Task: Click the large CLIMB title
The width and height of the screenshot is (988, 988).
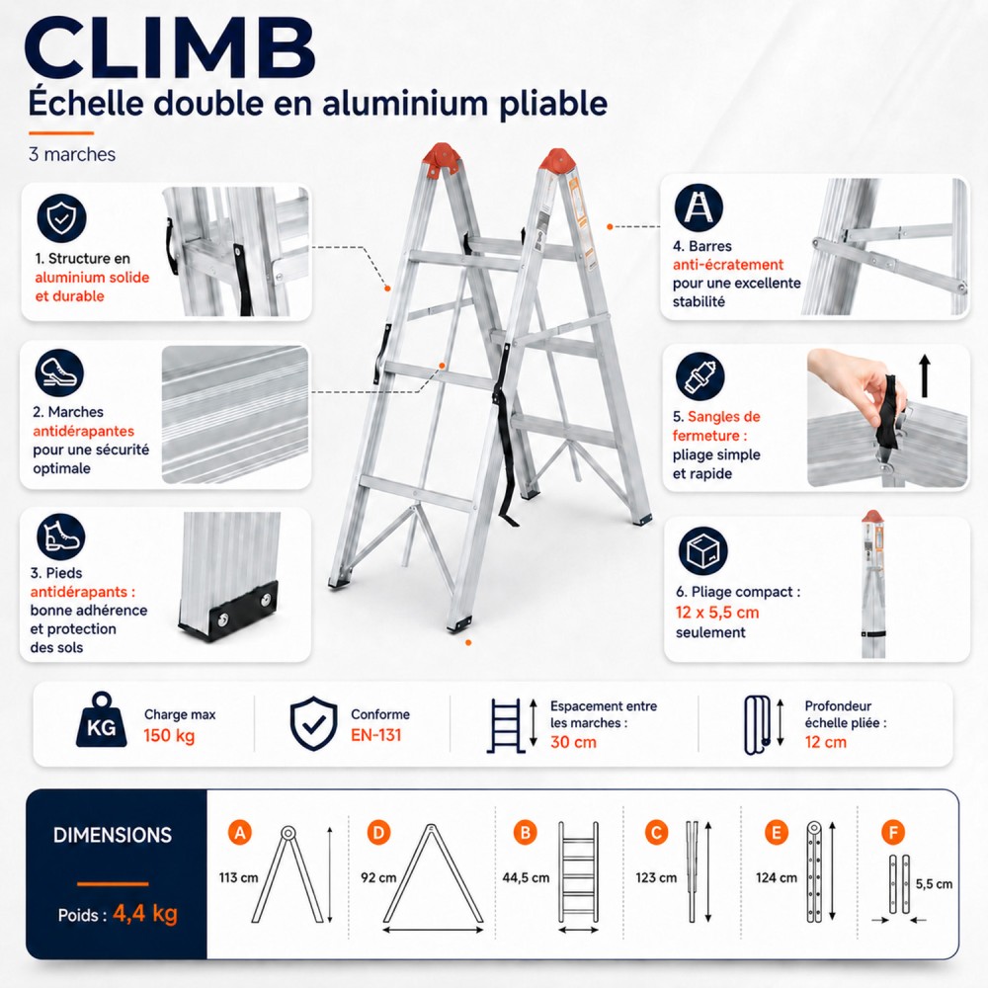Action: (170, 49)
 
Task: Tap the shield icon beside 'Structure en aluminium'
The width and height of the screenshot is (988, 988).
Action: (61, 217)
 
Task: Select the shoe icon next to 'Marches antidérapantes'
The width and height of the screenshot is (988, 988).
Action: (59, 373)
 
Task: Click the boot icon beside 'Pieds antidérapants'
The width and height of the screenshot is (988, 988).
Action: (60, 537)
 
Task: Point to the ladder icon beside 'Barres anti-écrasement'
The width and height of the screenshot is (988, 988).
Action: (699, 207)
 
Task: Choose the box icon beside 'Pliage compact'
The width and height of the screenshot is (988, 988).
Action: (702, 551)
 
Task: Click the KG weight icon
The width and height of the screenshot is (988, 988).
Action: (101, 720)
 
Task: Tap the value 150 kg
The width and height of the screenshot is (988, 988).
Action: (169, 735)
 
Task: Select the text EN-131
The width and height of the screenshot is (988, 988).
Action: (376, 735)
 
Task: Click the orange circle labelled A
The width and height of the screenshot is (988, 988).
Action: (240, 833)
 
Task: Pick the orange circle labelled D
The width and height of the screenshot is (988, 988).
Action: (378, 833)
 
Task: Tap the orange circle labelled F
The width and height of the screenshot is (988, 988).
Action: (893, 833)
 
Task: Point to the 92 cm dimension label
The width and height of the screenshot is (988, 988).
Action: (378, 877)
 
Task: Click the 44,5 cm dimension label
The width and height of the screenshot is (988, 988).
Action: (526, 877)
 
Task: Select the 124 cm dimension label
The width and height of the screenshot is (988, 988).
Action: (777, 877)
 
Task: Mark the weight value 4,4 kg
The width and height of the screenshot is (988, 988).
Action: (145, 914)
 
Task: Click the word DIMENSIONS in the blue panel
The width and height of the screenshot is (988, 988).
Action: (113, 835)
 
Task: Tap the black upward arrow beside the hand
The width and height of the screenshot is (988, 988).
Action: (925, 375)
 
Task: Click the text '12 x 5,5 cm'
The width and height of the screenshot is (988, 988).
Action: (717, 613)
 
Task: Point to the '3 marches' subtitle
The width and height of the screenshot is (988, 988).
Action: (72, 154)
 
